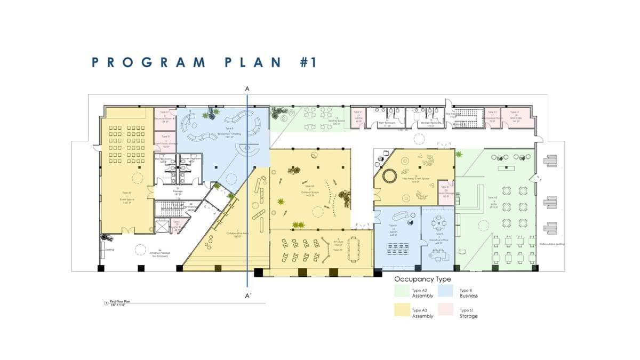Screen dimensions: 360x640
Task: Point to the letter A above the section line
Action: pyautogui.click(x=247, y=89)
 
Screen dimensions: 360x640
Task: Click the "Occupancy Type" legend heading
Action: pyautogui.click(x=422, y=279)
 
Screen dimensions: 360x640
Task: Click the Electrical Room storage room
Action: pyautogui.click(x=165, y=117)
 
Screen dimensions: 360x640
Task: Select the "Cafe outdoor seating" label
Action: pyautogui.click(x=552, y=244)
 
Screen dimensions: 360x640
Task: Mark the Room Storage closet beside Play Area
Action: pyautogui.click(x=446, y=192)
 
